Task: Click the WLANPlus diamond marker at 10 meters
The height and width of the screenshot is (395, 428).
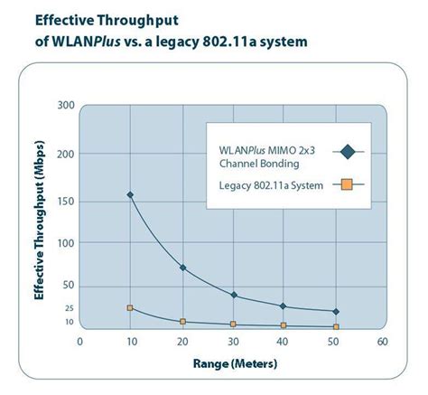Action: point(130,195)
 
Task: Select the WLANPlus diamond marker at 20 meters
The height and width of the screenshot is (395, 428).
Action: point(182,268)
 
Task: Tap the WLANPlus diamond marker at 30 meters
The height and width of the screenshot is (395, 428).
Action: point(234,296)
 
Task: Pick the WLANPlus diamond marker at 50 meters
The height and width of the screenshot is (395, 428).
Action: point(336,312)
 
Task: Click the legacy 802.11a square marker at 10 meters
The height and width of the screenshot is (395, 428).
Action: point(130,308)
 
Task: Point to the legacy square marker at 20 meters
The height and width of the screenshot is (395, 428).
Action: point(182,322)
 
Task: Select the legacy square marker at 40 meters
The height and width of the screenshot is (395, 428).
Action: point(284,325)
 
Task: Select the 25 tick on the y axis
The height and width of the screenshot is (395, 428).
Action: point(68,308)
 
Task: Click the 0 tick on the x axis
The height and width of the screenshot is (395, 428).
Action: point(79,342)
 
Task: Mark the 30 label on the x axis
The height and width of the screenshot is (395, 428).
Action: point(234,342)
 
